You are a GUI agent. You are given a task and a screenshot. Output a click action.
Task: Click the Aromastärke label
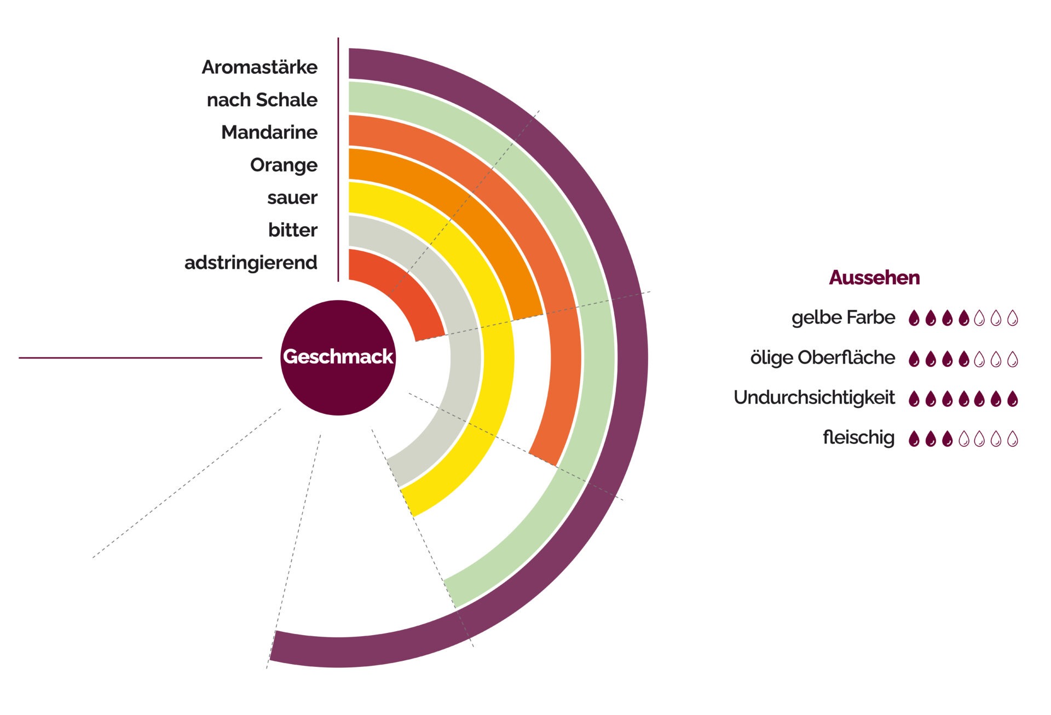(259, 67)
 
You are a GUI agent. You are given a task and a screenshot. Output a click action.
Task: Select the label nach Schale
(262, 100)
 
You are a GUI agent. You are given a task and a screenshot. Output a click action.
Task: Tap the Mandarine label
(269, 132)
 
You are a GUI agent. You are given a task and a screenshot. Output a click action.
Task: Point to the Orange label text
(284, 165)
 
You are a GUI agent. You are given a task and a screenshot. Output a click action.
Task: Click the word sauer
(292, 198)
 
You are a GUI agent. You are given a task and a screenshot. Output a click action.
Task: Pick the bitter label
(292, 230)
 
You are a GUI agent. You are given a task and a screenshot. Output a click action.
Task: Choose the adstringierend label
(251, 263)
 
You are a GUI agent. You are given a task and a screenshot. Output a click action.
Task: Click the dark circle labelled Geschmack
(338, 357)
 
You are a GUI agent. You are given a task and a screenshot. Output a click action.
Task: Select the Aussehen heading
(874, 278)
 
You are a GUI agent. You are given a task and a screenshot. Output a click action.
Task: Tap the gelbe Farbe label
(843, 318)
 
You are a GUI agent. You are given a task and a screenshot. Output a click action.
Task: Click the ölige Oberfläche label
(822, 357)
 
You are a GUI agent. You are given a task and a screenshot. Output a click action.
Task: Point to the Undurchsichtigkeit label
(814, 397)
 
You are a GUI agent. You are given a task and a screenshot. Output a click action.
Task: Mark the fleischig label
(858, 437)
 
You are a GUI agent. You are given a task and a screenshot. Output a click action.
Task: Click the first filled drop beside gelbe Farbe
(914, 318)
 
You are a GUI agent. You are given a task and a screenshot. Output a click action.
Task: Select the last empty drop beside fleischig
(1013, 439)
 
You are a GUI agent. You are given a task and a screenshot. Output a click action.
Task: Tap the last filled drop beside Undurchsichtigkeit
(1013, 399)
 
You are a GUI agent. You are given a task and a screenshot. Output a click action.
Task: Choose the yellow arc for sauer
(497, 356)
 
